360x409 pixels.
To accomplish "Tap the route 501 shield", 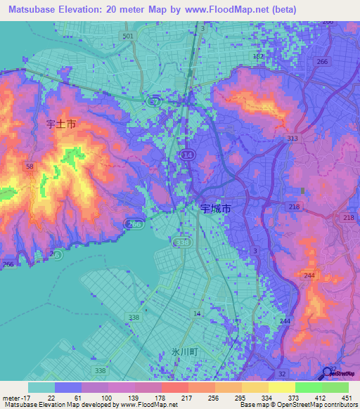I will (127, 36).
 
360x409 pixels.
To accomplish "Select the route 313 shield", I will (292, 139).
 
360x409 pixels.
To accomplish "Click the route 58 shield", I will (30, 166).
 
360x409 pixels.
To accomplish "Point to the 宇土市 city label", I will (61, 124).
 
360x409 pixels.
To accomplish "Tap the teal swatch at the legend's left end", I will (41, 387).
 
